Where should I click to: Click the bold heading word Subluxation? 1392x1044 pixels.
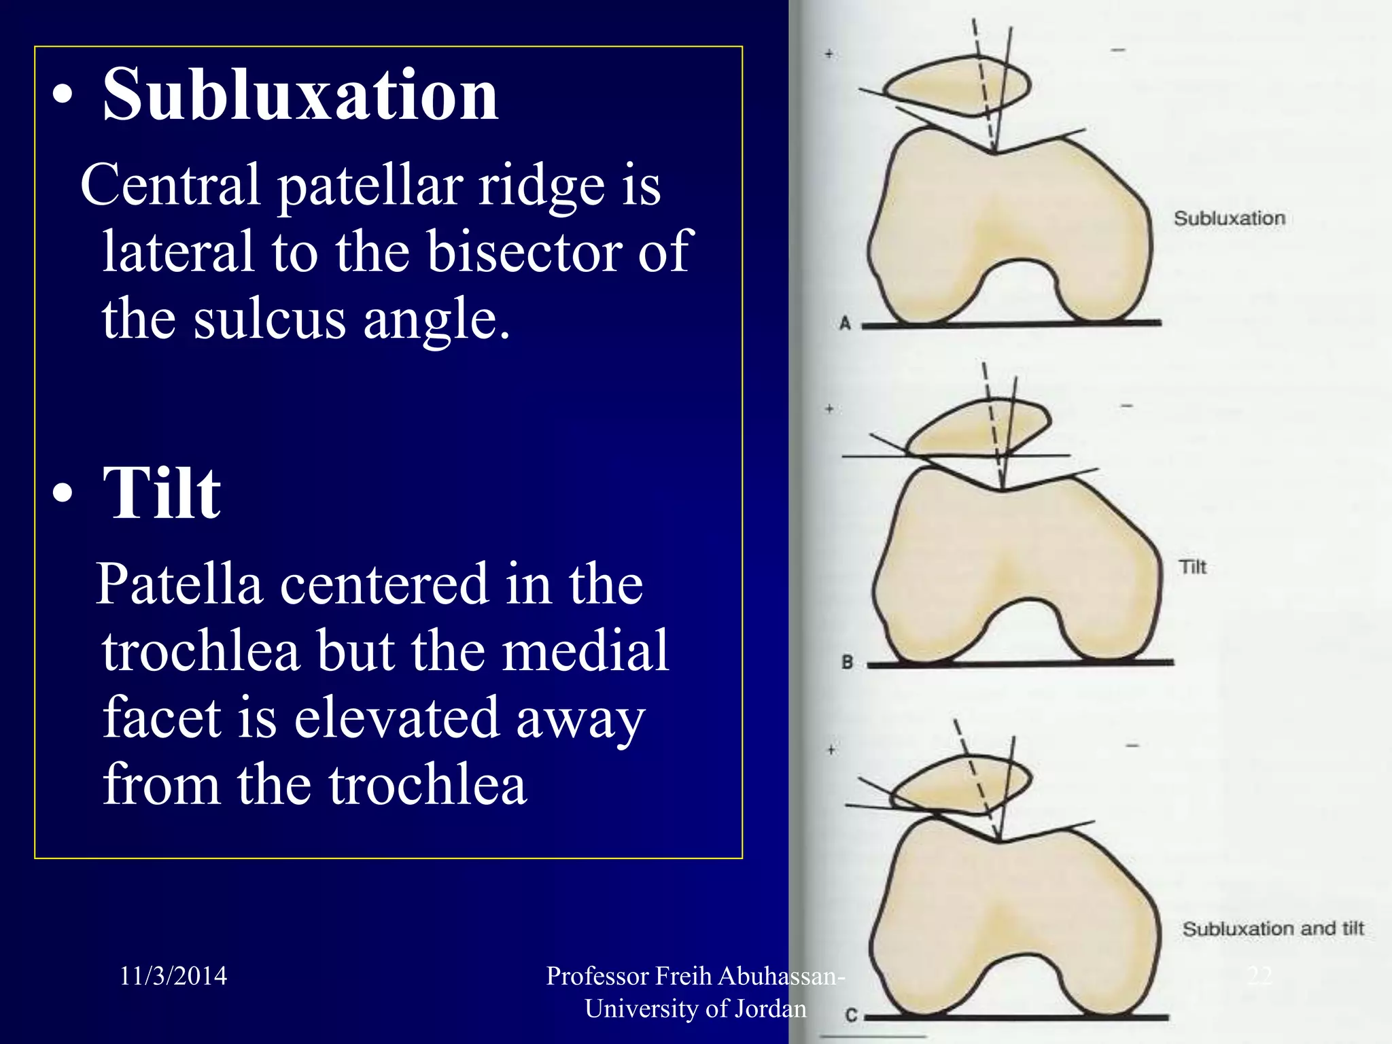click(x=300, y=95)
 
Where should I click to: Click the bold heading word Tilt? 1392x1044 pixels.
click(x=162, y=494)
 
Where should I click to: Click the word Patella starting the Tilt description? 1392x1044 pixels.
click(x=179, y=584)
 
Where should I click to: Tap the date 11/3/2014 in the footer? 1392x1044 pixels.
click(x=173, y=976)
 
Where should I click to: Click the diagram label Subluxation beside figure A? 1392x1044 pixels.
click(x=1230, y=219)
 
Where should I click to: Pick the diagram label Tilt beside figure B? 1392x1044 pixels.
click(x=1193, y=567)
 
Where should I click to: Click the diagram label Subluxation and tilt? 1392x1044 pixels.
click(x=1273, y=928)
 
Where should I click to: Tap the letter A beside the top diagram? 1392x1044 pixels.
click(x=845, y=323)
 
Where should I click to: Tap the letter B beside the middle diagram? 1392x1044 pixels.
click(x=847, y=661)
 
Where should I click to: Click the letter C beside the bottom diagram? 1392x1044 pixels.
click(x=851, y=1015)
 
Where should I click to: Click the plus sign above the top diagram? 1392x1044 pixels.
click(x=829, y=54)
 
